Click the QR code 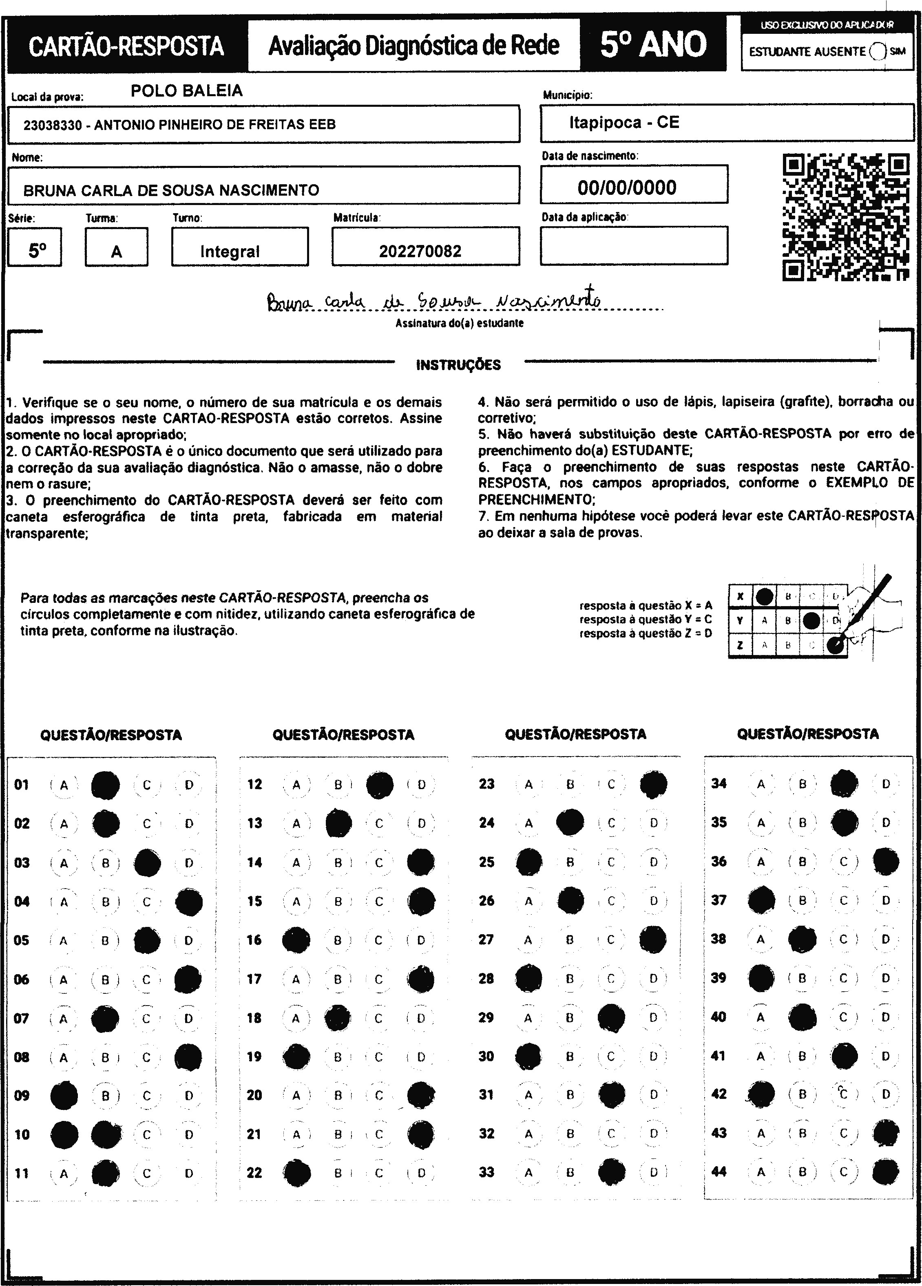[845, 217]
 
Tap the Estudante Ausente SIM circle [877, 51]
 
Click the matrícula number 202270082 [420, 251]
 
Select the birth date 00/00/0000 [627, 187]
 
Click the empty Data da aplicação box [634, 245]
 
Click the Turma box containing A [116, 247]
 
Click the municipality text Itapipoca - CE [624, 122]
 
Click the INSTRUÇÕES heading [458, 364]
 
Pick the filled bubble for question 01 [106, 785]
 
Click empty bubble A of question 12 [296, 785]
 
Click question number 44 [719, 1171]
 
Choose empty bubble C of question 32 [611, 1134]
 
